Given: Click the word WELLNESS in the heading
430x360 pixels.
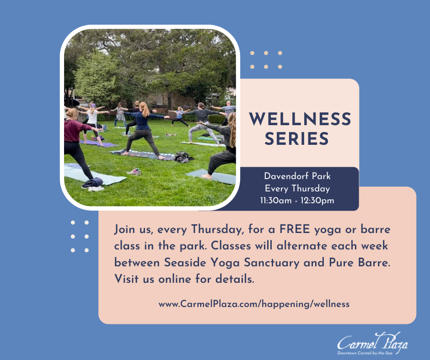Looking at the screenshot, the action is tap(300, 119).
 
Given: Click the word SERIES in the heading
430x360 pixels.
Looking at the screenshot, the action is tap(297, 138).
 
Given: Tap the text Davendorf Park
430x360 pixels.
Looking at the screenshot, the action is tap(297, 176).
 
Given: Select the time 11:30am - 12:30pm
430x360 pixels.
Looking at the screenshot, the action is tap(297, 201).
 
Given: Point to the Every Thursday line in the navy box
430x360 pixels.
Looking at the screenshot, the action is tap(297, 189).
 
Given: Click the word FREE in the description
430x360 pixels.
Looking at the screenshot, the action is tap(295, 229).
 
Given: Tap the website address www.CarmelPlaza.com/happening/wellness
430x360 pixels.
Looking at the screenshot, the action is tap(254, 304).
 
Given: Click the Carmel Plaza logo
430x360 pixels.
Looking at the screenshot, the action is tap(372, 344).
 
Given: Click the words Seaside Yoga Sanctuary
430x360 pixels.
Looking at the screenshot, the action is tap(232, 263).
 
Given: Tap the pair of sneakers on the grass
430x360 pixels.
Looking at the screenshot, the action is tap(134, 172).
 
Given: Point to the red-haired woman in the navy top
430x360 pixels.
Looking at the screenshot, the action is tap(144, 130).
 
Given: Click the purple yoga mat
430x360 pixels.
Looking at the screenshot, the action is tap(99, 143).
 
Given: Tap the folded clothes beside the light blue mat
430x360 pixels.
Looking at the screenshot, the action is tap(93, 184).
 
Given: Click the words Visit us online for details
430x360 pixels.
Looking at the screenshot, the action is tap(184, 279).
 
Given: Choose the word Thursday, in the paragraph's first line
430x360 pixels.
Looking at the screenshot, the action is tap(217, 229).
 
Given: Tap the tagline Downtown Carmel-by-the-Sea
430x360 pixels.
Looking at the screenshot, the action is tap(365, 353).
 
